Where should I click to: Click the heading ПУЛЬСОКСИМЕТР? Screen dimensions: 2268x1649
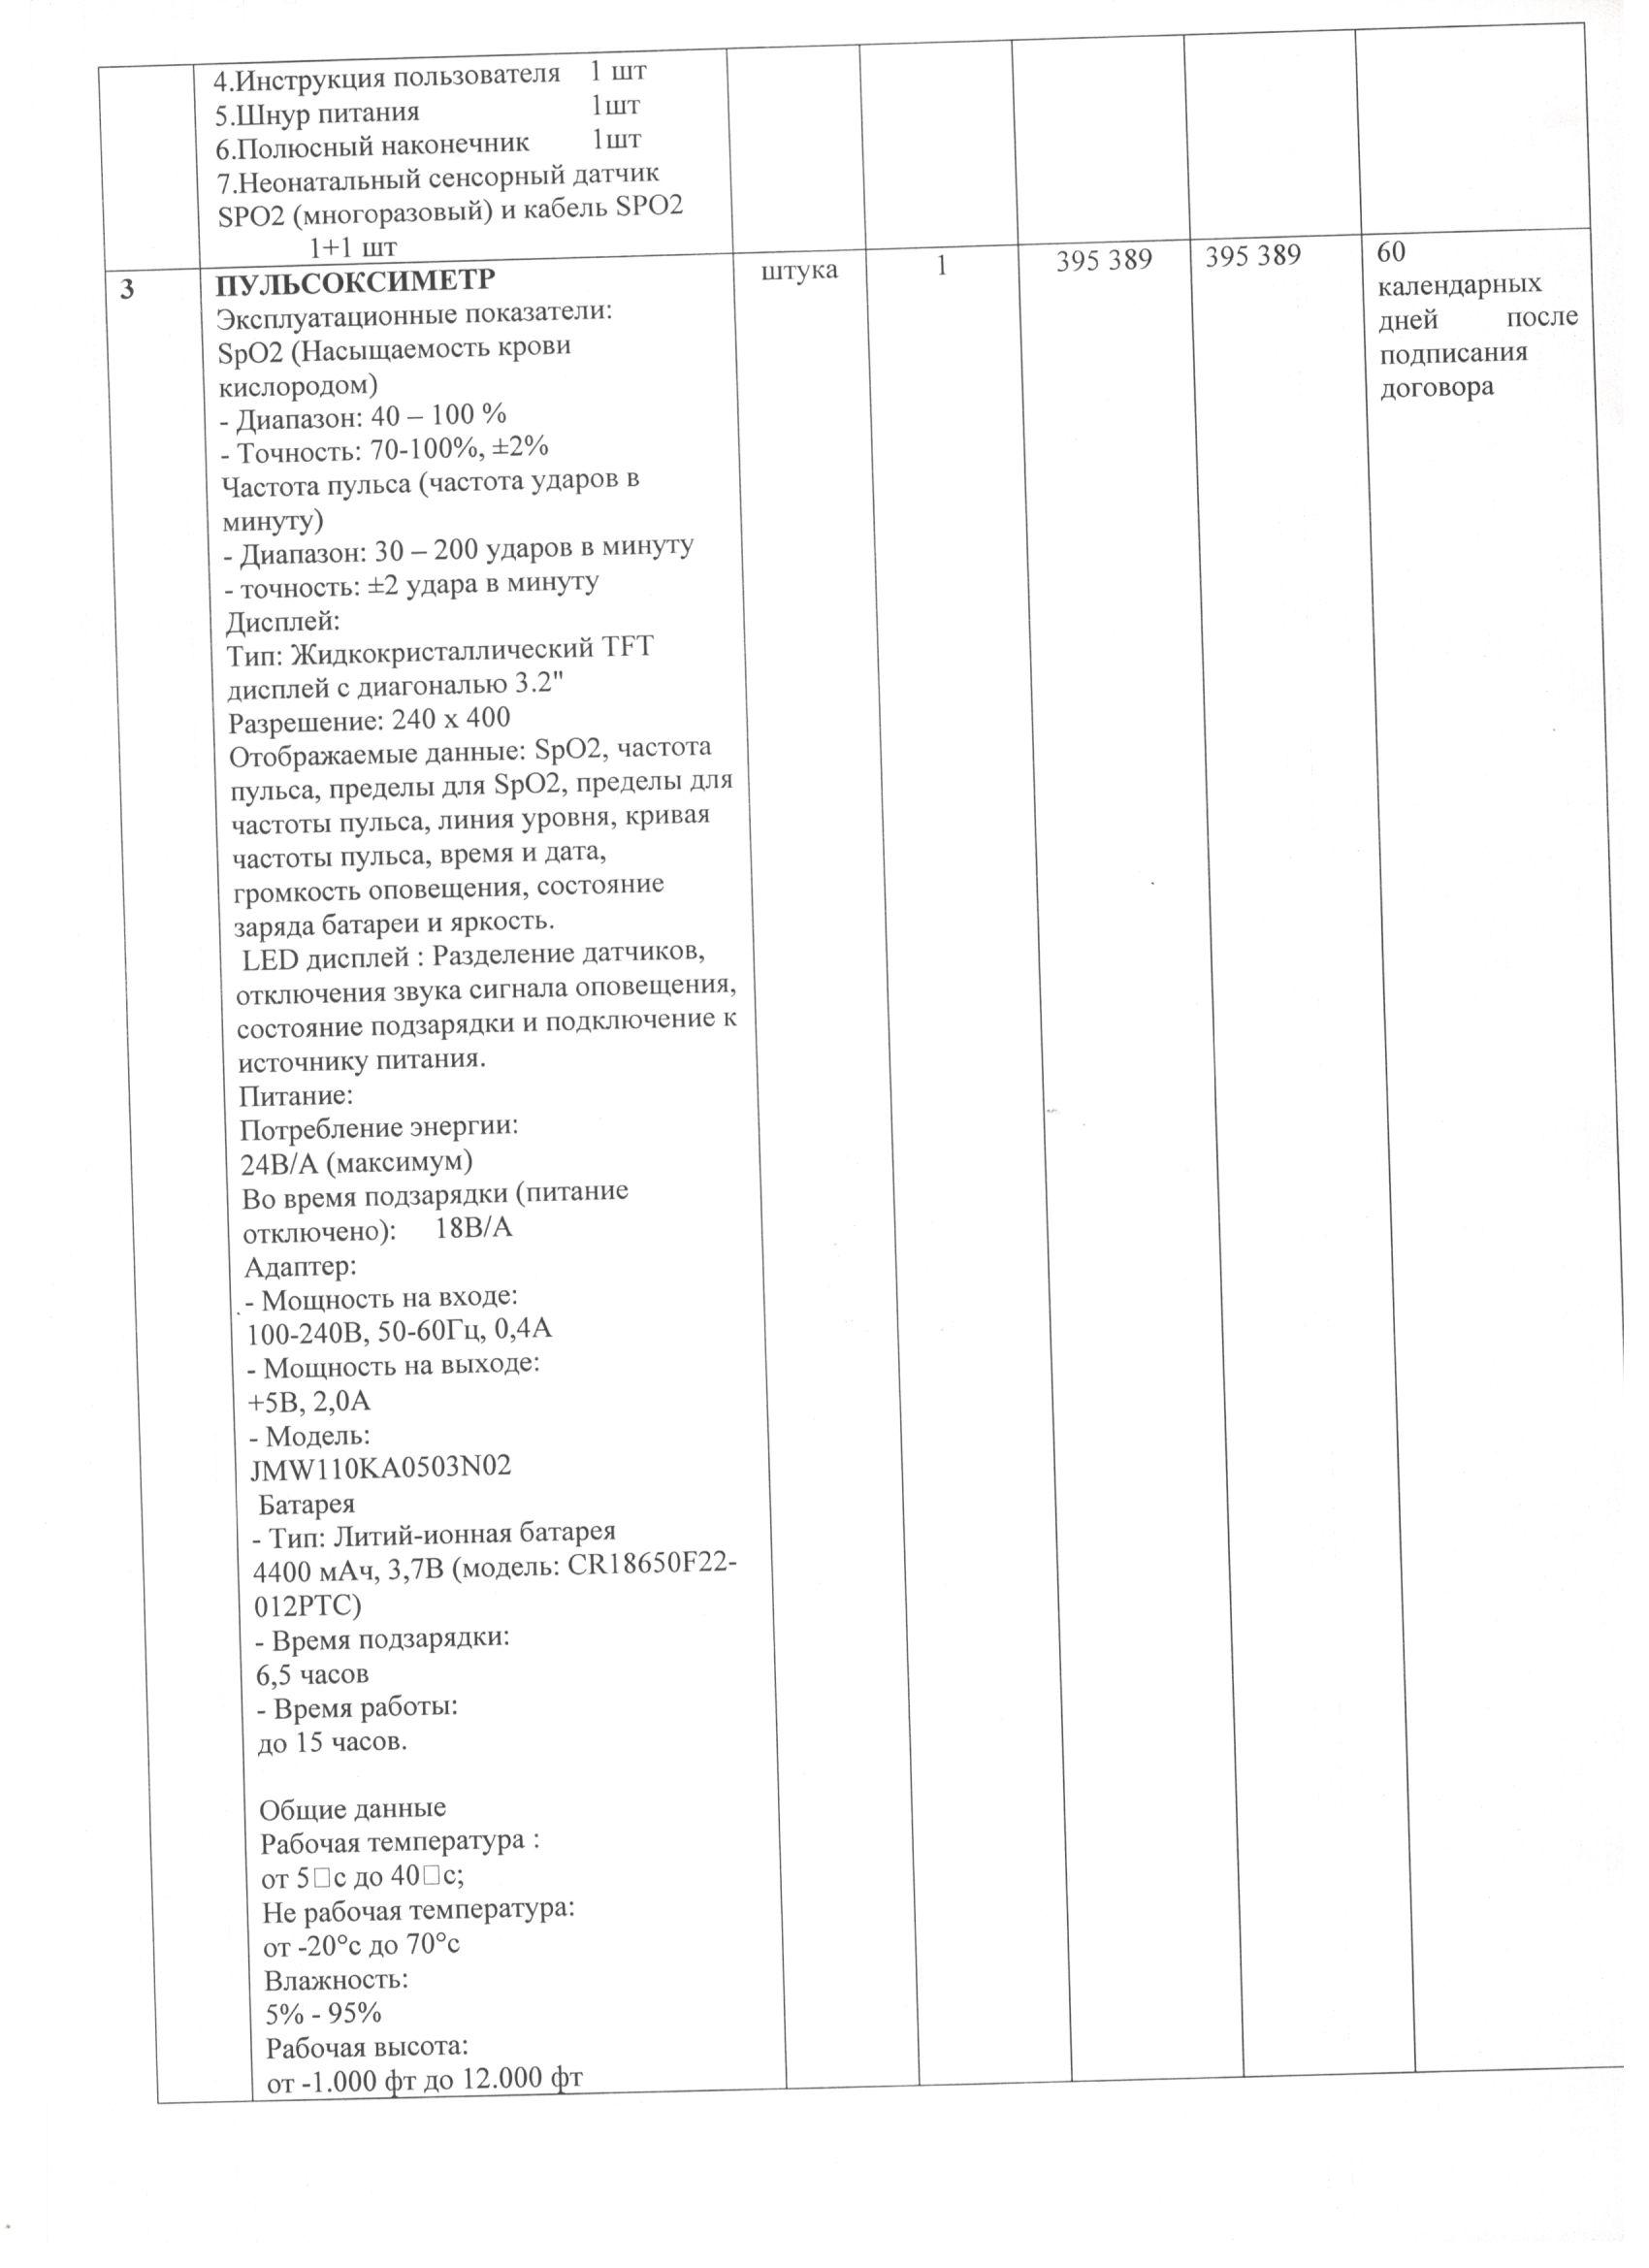click(x=355, y=280)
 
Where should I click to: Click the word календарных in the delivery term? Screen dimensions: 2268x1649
click(x=1459, y=284)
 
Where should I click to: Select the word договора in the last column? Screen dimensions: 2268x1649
click(x=1437, y=387)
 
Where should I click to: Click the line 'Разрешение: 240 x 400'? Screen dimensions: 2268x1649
click(x=369, y=719)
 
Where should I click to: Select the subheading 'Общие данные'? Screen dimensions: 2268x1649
click(x=352, y=1809)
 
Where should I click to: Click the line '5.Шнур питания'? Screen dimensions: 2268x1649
click(x=318, y=112)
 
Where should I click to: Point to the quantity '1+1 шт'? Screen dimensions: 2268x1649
click(x=352, y=246)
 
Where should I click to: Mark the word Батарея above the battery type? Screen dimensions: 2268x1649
click(x=306, y=1504)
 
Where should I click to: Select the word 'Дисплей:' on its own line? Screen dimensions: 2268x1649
click(x=283, y=621)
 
